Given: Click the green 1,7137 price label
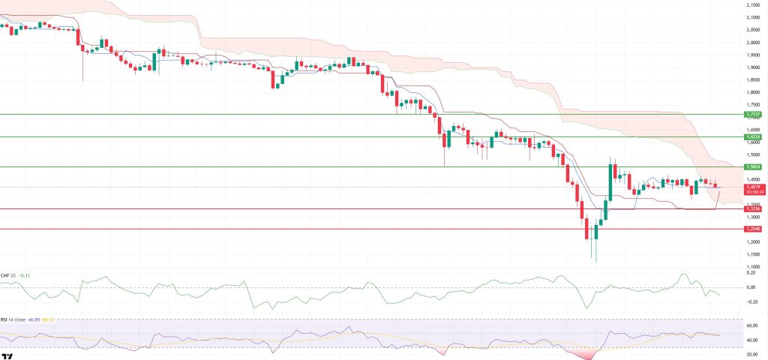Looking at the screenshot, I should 754,113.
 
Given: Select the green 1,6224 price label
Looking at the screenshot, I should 754,137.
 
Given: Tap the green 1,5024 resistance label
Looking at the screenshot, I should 754,166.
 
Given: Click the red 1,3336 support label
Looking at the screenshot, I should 754,209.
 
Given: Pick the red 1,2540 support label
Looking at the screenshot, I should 754,229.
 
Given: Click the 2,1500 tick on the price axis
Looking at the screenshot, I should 752,5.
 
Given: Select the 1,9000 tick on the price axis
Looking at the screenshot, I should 752,67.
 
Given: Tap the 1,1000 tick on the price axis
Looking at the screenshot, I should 752,266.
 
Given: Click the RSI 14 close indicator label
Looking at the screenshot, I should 14,320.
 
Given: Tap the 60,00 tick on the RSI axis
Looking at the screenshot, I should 752,325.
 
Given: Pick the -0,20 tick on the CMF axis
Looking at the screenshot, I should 752,301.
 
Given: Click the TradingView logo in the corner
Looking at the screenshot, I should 7,355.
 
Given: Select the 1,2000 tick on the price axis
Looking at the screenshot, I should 752,241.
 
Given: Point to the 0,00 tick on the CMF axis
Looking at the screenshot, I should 752,287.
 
